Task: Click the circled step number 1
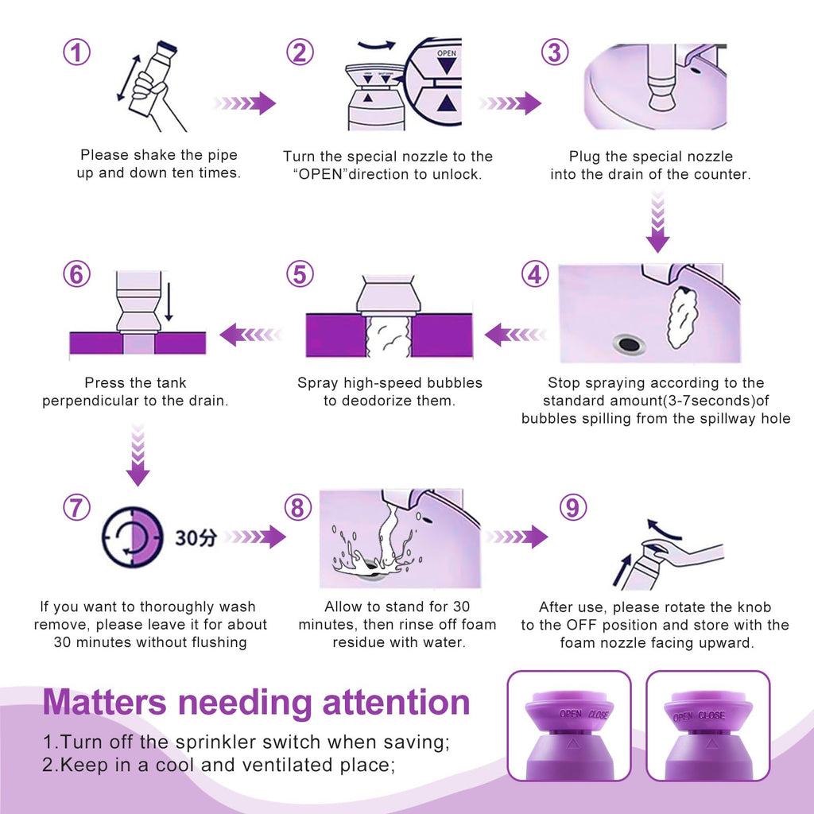(x=77, y=52)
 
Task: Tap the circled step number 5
(x=300, y=274)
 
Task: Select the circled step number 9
(x=573, y=507)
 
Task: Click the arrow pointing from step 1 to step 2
(x=243, y=103)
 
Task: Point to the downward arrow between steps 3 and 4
(x=657, y=222)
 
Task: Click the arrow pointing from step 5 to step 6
(x=251, y=335)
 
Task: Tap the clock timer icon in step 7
(x=133, y=537)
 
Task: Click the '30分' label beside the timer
(x=196, y=538)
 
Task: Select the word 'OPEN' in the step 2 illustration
(x=447, y=53)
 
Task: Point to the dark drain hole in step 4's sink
(x=629, y=343)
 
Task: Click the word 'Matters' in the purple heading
(x=104, y=702)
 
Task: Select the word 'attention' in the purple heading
(x=396, y=702)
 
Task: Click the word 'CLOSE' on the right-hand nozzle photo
(x=711, y=715)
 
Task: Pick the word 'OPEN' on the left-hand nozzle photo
(x=571, y=715)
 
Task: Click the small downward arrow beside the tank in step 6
(x=169, y=302)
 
